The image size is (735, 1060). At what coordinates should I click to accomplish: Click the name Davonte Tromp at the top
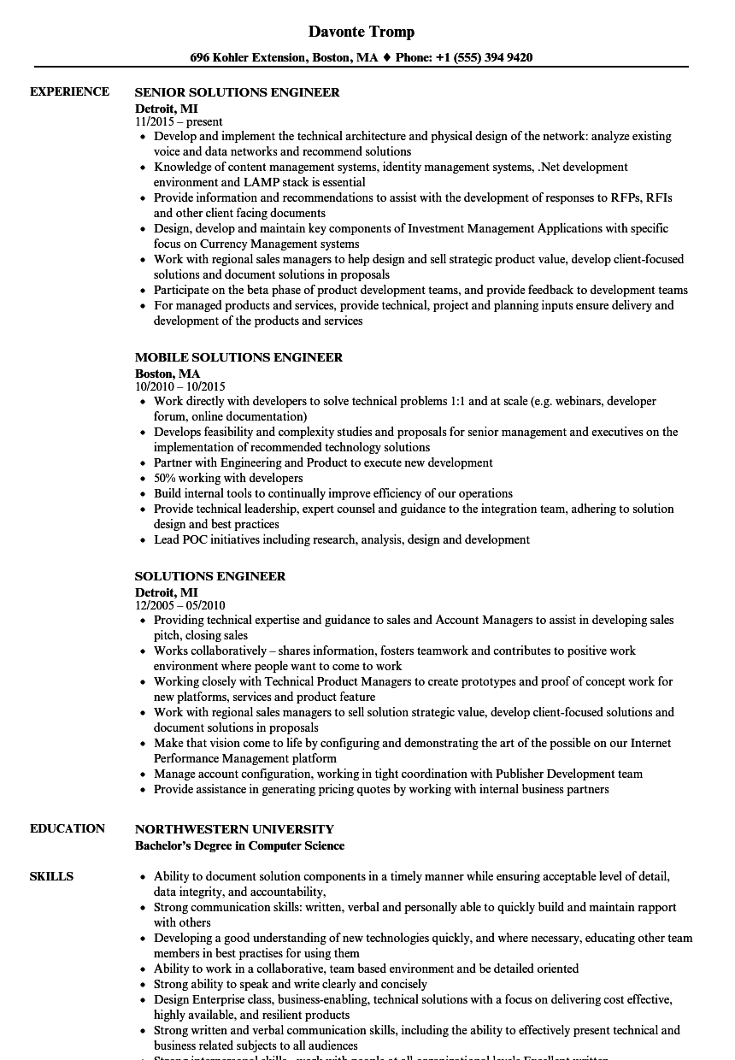(x=362, y=32)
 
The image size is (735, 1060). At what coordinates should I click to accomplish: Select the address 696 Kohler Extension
(x=248, y=58)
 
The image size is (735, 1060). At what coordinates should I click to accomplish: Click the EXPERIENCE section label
(x=69, y=91)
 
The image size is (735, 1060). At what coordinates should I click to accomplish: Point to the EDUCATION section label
(x=68, y=828)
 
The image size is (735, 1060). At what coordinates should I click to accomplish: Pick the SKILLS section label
(x=51, y=876)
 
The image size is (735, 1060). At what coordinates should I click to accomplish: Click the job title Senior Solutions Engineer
(x=237, y=92)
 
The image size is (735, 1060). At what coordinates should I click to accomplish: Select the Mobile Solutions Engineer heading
(x=238, y=357)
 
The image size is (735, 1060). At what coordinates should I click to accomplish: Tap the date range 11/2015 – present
(x=179, y=121)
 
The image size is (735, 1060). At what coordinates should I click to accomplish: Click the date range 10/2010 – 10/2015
(x=180, y=386)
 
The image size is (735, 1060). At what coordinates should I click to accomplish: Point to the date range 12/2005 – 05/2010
(x=180, y=605)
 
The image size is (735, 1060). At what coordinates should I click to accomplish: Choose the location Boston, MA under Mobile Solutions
(x=168, y=373)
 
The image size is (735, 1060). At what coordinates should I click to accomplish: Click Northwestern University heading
(x=234, y=829)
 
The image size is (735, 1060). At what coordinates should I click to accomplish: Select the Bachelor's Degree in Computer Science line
(x=239, y=845)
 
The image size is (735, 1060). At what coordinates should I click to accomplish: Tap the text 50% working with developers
(x=228, y=478)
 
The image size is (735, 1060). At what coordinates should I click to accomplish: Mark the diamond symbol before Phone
(x=386, y=58)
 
